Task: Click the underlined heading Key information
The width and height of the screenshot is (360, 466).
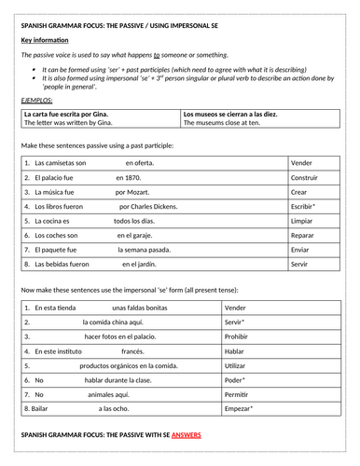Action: tap(46, 42)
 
